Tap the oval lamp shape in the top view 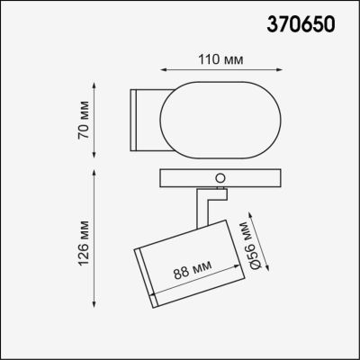(x=210, y=114)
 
